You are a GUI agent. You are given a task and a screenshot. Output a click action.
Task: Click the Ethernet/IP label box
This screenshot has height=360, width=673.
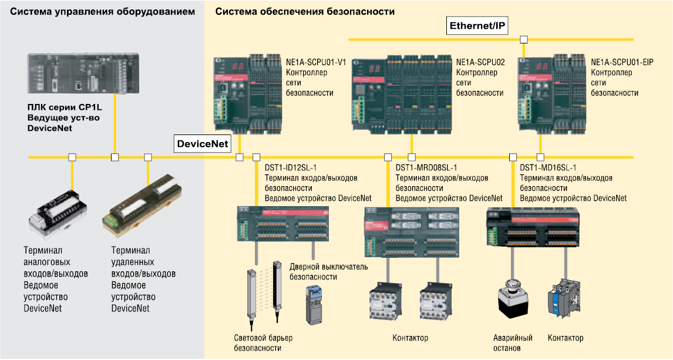coord(477,26)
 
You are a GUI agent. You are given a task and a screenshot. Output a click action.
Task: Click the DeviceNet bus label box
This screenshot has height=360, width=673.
coord(202,144)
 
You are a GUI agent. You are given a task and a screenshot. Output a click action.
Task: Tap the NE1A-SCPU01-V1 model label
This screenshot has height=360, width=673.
coord(316,62)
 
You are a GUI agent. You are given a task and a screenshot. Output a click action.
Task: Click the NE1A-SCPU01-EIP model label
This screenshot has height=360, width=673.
coord(622,62)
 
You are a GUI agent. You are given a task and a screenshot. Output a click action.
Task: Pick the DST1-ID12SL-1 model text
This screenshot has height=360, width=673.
coord(291,167)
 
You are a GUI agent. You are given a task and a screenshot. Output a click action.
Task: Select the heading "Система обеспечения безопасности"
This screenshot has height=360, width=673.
coord(305,11)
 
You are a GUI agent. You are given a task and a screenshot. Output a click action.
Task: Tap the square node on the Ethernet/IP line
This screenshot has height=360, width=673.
coord(524,40)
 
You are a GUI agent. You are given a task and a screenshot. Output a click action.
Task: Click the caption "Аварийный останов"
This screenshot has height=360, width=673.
coord(512,343)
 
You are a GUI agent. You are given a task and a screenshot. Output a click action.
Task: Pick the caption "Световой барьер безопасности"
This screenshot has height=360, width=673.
coord(263,343)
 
